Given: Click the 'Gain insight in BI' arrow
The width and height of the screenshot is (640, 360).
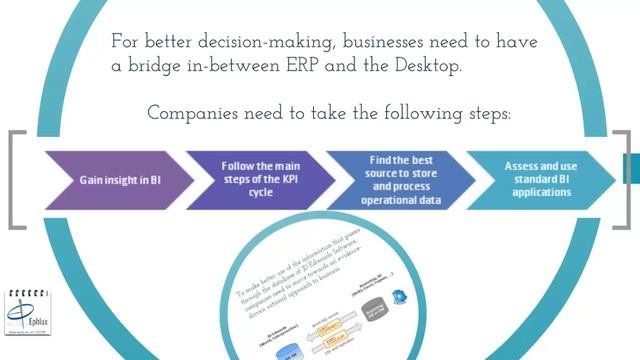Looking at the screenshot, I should coord(115,180).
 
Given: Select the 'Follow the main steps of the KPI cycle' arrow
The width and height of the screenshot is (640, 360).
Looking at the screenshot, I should coord(258,180).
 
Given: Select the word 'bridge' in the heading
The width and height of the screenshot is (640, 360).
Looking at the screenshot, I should coord(170,65).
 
